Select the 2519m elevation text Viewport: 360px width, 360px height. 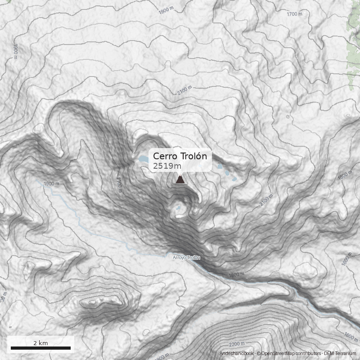167,166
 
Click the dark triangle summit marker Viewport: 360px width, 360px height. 180,180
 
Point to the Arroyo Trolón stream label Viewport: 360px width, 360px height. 186,258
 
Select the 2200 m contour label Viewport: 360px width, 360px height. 237,344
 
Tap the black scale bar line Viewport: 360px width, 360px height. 40,348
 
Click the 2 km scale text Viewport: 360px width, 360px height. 40,343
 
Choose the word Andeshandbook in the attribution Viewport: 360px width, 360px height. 237,354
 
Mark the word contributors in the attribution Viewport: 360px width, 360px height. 308,354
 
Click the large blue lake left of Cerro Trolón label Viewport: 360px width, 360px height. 144,159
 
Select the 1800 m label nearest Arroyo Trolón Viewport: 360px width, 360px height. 237,274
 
